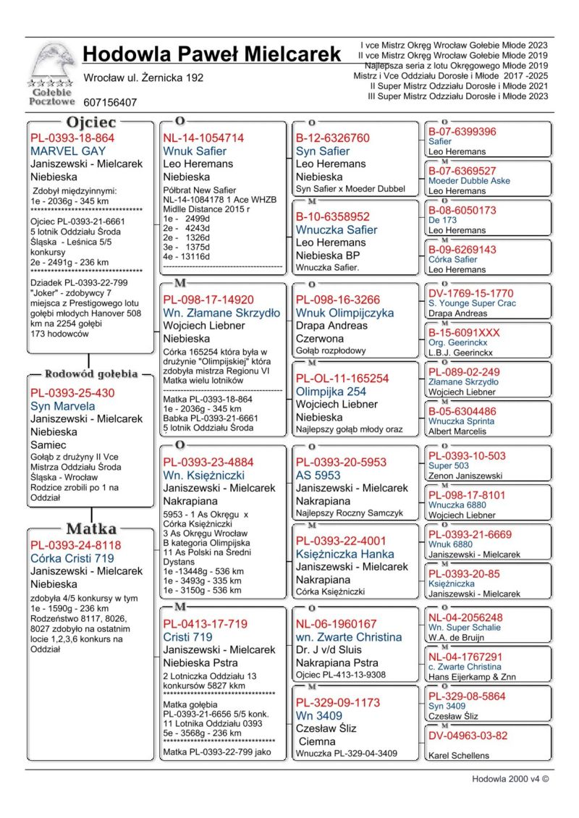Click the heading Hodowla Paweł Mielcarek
point(211,54)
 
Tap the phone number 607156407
point(110,103)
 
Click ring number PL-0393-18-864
point(72,138)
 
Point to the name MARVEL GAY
point(68,151)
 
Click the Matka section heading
point(91,528)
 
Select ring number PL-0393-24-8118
point(75,545)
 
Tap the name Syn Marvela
point(62,406)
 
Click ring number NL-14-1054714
point(203,138)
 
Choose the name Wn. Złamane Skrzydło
point(221,313)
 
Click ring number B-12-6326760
point(333,138)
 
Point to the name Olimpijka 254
point(331,392)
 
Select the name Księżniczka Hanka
point(345,554)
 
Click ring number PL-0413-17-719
point(205,624)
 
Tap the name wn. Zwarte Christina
point(348,637)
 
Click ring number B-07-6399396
point(462,132)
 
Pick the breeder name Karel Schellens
point(459,755)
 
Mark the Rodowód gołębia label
point(91,374)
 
